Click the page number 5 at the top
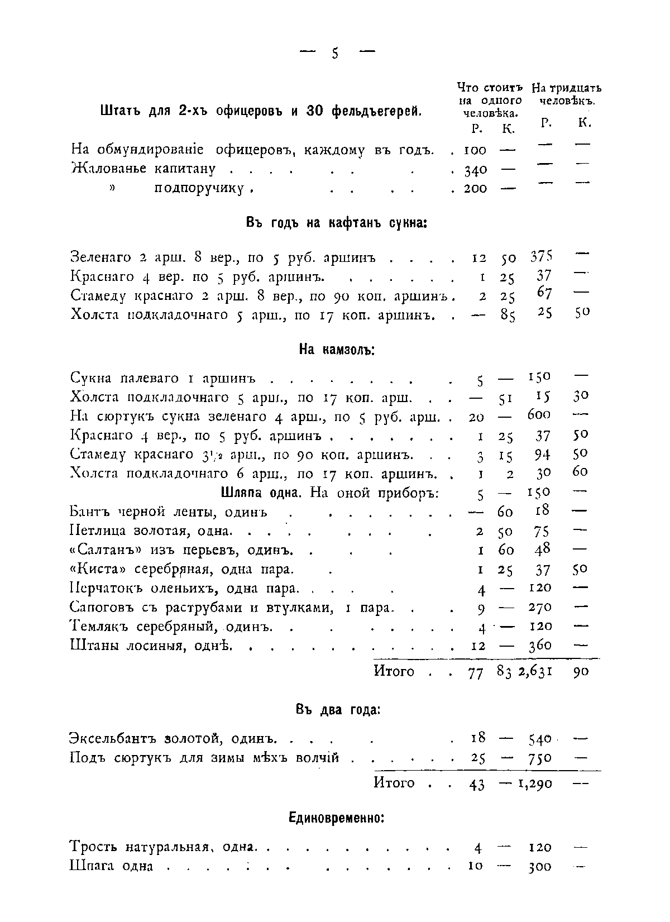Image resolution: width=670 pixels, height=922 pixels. coord(335,54)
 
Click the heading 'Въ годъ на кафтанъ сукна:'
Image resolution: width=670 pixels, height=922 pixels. coord(337,223)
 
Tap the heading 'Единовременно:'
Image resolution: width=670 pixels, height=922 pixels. coord(337,818)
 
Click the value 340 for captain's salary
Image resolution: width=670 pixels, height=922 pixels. coord(475,170)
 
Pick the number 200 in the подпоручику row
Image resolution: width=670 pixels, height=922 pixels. coord(475,189)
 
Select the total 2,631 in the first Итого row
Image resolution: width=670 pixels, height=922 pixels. coord(535,672)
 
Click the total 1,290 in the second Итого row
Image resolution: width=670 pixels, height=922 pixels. coord(535,784)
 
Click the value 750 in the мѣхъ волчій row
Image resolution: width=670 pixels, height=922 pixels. coord(540,758)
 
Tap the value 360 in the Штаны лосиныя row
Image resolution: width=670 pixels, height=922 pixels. coord(540,646)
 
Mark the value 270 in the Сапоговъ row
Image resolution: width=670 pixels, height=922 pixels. coord(540,607)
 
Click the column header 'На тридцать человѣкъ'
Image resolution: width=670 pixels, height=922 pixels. coord(566,95)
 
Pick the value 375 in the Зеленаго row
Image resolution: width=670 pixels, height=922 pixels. coord(541,258)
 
